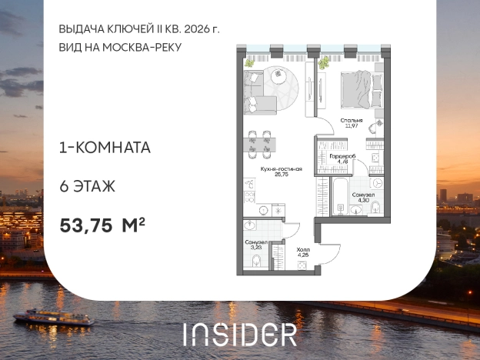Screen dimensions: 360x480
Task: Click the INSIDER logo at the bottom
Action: [x=239, y=333]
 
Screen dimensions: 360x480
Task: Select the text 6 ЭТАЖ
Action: [x=87, y=185]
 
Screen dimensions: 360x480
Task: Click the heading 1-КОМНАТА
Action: [x=104, y=147]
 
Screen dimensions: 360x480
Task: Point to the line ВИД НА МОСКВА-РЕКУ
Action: [x=122, y=47]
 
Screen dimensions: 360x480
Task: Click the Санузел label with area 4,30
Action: [x=363, y=195]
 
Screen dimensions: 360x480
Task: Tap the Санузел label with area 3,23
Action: [x=255, y=242]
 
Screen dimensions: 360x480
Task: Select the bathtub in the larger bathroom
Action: [x=339, y=196]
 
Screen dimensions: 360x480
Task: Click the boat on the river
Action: [x=53, y=316]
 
